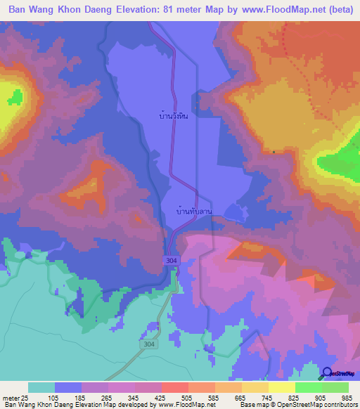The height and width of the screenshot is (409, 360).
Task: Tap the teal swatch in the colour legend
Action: pos(41,387)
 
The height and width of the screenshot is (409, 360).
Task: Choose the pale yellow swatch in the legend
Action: pos(282,387)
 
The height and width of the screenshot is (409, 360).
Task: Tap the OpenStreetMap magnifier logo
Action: pos(326,373)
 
